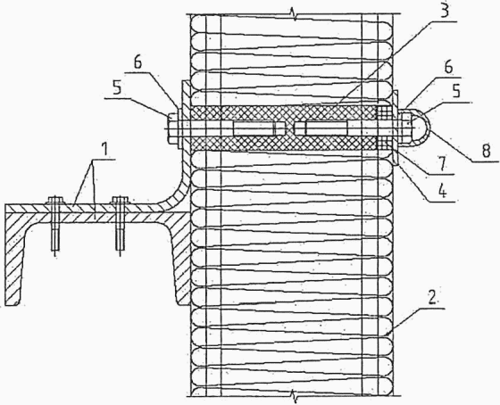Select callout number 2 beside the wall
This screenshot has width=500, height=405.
pyautogui.click(x=432, y=298)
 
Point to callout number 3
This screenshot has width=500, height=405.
pyautogui.click(x=445, y=9)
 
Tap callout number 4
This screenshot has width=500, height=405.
pyautogui.click(x=442, y=191)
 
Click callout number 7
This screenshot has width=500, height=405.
pyautogui.click(x=442, y=165)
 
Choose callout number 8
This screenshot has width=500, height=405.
pyautogui.click(x=486, y=151)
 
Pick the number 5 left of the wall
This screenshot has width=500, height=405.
pyautogui.click(x=116, y=87)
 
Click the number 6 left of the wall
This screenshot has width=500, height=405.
pyautogui.click(x=137, y=62)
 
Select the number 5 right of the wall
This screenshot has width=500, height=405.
pyautogui.click(x=456, y=91)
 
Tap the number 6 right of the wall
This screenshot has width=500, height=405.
pyautogui.click(x=448, y=67)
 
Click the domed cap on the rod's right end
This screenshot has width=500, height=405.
pyautogui.click(x=421, y=128)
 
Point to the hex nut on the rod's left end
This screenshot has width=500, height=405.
pyautogui.click(x=172, y=128)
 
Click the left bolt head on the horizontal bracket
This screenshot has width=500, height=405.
pyautogui.click(x=55, y=201)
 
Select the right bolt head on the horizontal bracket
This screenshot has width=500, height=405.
pyautogui.click(x=120, y=201)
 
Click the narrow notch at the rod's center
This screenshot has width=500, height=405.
pyautogui.click(x=290, y=128)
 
